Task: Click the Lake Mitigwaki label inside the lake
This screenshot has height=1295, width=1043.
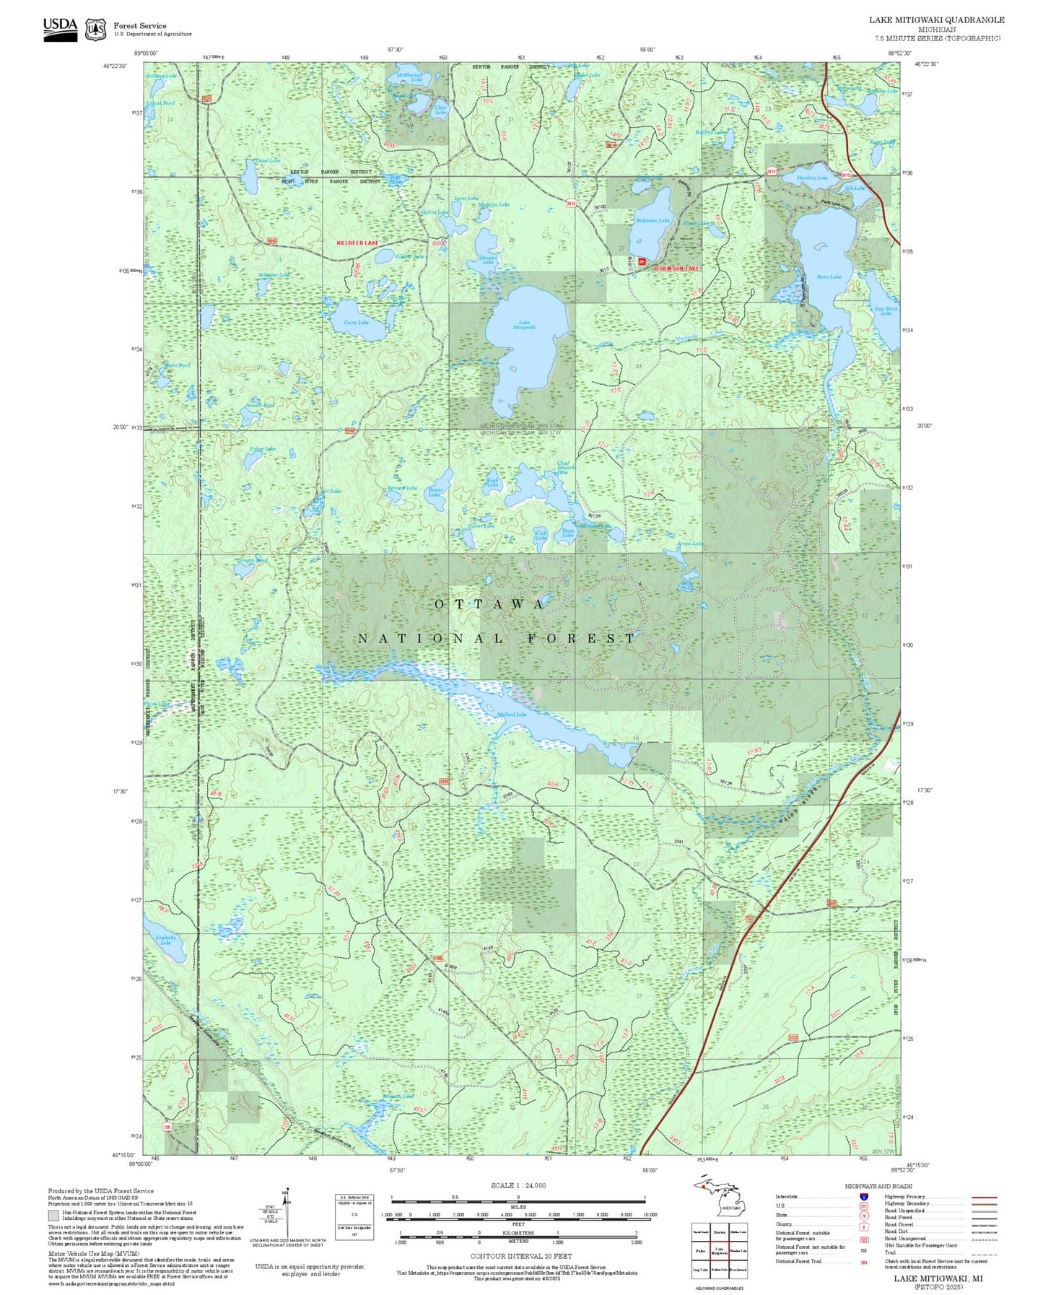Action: [524, 325]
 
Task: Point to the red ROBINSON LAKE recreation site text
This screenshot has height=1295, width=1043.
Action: [677, 269]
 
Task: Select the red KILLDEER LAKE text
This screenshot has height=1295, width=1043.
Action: [357, 243]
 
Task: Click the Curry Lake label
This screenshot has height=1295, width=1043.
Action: [356, 323]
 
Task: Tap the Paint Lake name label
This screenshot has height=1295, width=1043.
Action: [829, 276]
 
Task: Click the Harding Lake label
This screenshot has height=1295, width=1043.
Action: [812, 178]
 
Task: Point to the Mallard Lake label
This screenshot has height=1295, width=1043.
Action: [512, 715]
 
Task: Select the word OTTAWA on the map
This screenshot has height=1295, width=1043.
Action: [490, 604]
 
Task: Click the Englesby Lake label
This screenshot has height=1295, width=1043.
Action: [166, 940]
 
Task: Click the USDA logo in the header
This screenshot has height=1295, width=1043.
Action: [60, 29]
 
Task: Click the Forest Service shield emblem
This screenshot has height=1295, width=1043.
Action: [95, 30]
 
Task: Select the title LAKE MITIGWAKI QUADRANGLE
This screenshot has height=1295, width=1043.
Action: [936, 19]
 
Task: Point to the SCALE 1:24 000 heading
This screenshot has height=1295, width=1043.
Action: [518, 1185]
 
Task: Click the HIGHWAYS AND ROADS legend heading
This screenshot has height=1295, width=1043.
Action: [878, 1186]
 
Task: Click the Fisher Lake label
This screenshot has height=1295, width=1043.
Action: [263, 449]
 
